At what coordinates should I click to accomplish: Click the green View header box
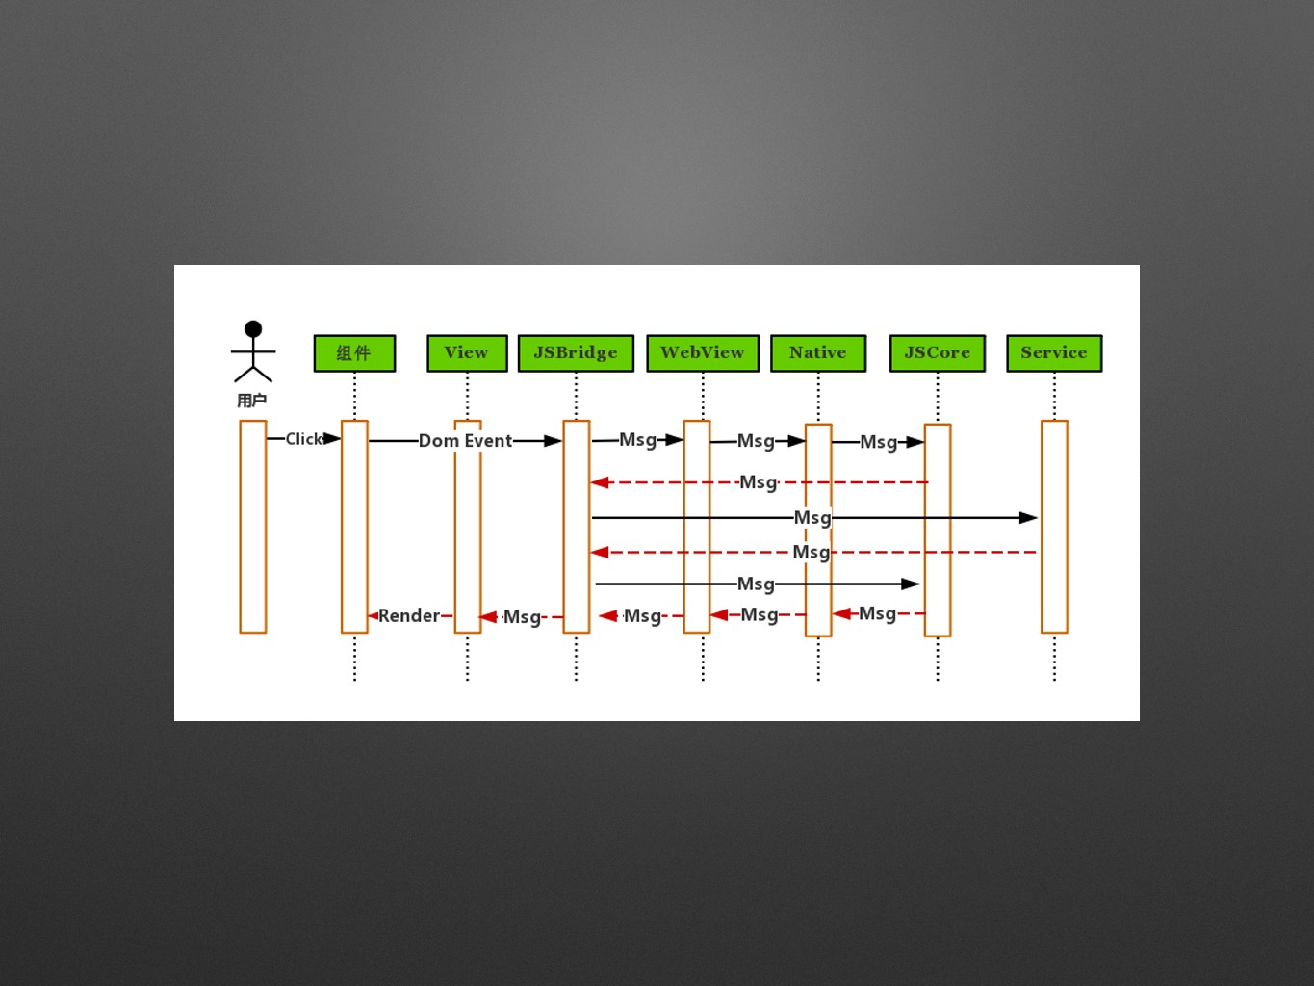tap(467, 353)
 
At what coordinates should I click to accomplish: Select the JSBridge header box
tap(576, 353)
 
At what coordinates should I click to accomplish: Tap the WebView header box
tap(703, 353)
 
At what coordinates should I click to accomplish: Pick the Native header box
tap(818, 353)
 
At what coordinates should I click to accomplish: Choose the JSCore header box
tap(938, 353)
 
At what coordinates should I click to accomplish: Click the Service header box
tap(1054, 353)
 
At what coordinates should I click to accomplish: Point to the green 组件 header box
tap(354, 353)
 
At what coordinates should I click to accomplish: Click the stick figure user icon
tap(253, 351)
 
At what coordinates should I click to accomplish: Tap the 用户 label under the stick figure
tap(252, 401)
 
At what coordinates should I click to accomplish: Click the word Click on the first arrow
tap(303, 439)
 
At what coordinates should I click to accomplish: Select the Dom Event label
tap(465, 441)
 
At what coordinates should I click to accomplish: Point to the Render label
tap(408, 615)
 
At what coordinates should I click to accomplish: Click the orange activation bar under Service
tap(1054, 527)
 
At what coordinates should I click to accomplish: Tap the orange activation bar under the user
tap(253, 527)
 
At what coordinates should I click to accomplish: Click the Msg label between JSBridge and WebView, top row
tap(637, 440)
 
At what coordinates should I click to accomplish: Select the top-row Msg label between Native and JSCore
tap(878, 442)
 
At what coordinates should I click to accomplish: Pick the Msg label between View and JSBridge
tap(522, 617)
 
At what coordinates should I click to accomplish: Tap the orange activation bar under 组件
tap(354, 527)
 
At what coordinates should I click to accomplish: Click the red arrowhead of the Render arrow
tap(373, 615)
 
